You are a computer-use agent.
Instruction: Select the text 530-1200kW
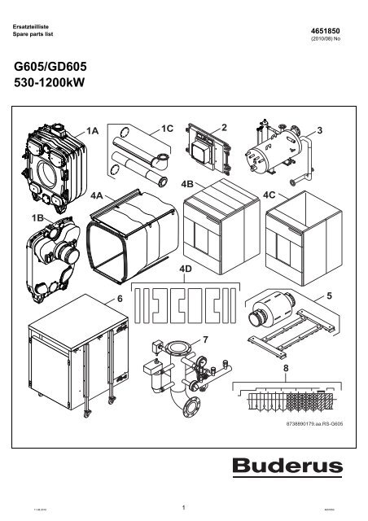[x=50, y=83]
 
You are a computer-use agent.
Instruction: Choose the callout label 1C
[x=169, y=130]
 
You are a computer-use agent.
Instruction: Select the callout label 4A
[x=99, y=195]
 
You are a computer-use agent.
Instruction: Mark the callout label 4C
[x=274, y=195]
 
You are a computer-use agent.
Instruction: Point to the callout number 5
[x=330, y=297]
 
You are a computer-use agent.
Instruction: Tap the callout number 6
[x=120, y=300]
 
